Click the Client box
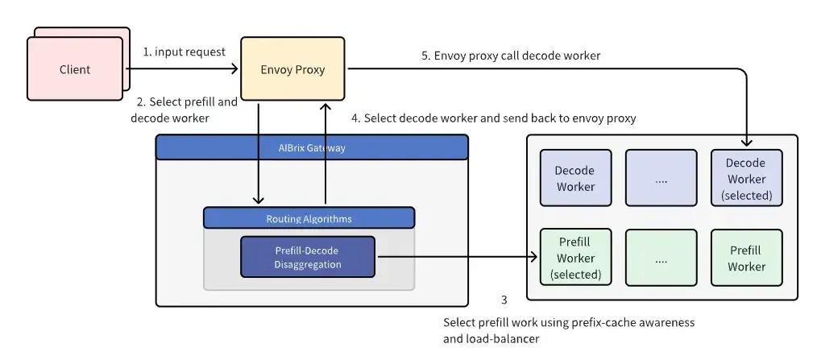tap(75, 68)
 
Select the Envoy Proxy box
tap(292, 68)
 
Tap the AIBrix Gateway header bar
tap(312, 147)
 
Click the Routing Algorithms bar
tap(309, 218)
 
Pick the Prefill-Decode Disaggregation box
tap(308, 257)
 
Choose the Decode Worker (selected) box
tap(747, 178)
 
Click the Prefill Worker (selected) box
tap(576, 258)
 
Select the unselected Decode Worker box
tap(576, 178)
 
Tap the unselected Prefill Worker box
tap(747, 258)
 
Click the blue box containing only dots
tap(661, 178)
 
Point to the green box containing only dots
tap(661, 258)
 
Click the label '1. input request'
tap(185, 52)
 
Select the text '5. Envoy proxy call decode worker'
tap(511, 56)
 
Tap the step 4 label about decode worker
tap(493, 118)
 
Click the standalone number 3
tap(504, 300)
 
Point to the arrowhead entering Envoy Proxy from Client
tap(235, 68)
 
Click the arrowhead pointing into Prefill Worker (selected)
tap(533, 256)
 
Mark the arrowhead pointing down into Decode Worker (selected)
tap(747, 143)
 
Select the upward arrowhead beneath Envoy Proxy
tap(326, 107)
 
